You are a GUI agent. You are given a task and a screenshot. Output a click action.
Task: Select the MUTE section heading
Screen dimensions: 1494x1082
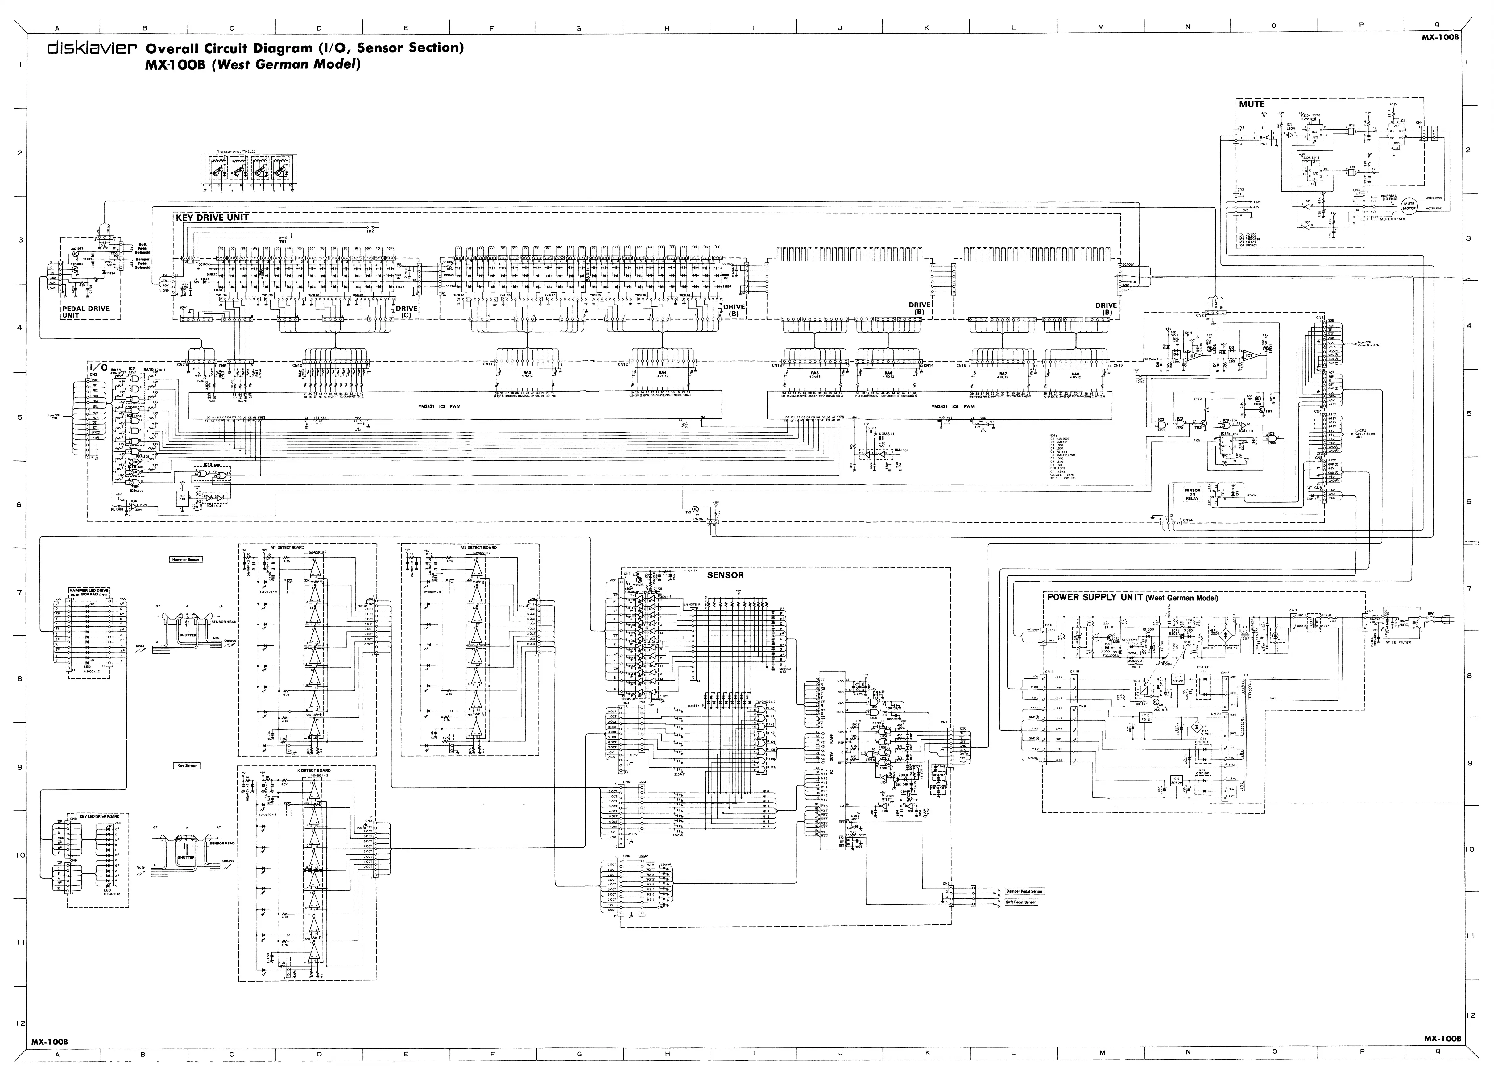pyautogui.click(x=1252, y=104)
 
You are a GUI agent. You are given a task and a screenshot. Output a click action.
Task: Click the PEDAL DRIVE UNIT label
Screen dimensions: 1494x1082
pyautogui.click(x=86, y=312)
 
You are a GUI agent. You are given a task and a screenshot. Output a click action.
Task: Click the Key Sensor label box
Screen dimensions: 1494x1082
pyautogui.click(x=186, y=766)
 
